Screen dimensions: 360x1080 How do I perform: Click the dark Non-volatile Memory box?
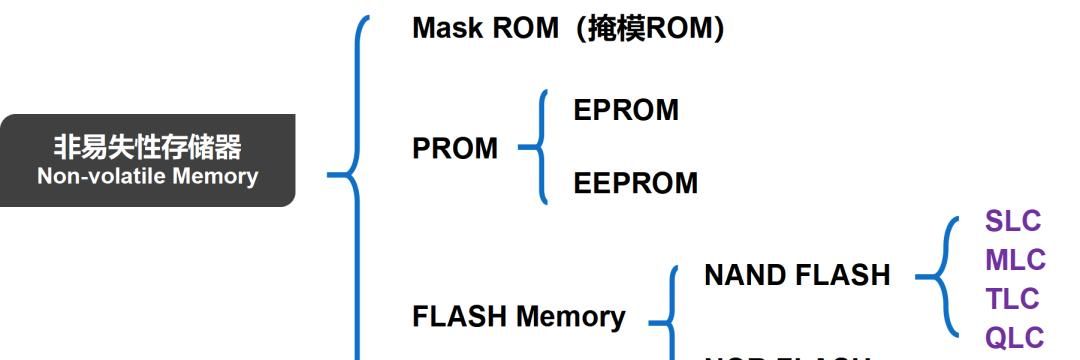[147, 160]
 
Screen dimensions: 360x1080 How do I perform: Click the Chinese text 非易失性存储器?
[147, 148]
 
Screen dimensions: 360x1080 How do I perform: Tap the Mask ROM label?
[485, 28]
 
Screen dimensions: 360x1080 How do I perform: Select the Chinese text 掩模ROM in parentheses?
[650, 28]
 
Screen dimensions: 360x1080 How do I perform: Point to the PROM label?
[454, 148]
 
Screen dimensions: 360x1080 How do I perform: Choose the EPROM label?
[625, 110]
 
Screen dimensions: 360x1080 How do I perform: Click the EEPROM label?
[635, 183]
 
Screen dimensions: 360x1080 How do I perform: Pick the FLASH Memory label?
[518, 316]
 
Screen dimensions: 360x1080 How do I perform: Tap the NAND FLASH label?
[796, 275]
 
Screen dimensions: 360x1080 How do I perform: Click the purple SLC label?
[1013, 221]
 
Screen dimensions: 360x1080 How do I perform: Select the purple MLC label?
[1014, 260]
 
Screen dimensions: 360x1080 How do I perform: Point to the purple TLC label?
[1013, 299]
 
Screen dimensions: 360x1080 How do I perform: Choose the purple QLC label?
[1014, 337]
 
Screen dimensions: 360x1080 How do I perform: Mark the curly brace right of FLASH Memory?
[665, 318]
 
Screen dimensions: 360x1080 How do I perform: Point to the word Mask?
[445, 28]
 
